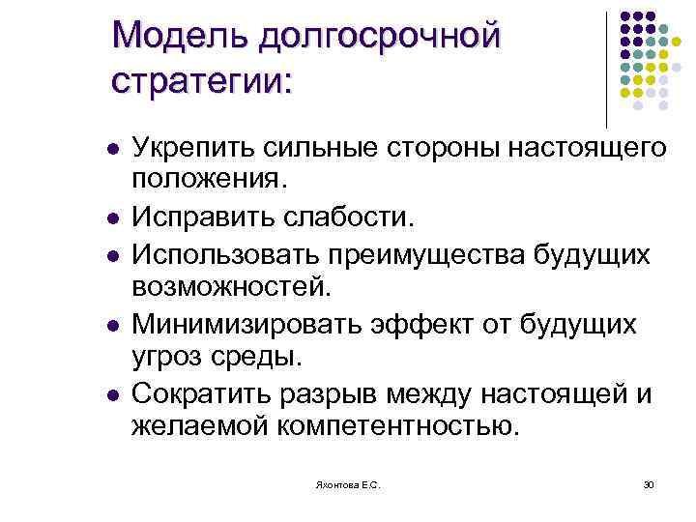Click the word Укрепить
click(192, 149)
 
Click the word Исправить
click(199, 216)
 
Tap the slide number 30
click(648, 484)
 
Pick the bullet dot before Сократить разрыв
click(112, 395)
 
